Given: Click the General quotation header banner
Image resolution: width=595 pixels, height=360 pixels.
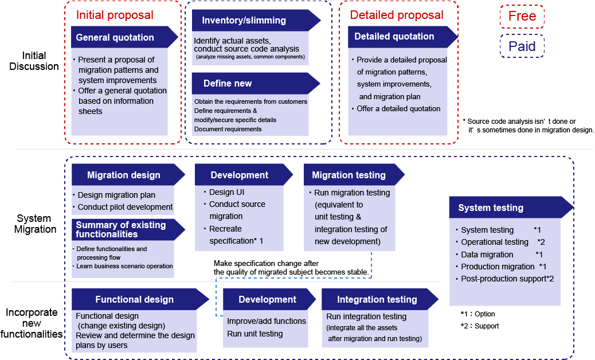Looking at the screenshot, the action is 124,37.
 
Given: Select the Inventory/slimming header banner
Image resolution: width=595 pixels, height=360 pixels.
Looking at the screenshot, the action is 256,21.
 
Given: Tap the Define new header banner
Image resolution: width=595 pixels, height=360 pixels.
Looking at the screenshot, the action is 256,84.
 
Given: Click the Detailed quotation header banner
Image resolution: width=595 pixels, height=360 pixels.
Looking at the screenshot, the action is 403,37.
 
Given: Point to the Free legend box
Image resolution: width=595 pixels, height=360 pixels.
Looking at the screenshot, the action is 522,16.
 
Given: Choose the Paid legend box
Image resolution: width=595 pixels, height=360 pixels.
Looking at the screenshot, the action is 522,46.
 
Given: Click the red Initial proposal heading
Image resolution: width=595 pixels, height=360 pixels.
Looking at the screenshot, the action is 115,15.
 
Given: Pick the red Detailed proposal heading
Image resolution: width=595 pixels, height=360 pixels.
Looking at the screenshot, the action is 397,15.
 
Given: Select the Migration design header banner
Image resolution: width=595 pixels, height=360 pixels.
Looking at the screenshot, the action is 128,174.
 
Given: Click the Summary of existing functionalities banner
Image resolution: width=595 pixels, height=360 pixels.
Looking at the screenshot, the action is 128,229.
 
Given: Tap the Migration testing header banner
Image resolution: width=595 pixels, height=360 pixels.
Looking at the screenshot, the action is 354,174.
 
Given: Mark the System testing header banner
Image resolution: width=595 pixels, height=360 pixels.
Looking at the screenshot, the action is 511,207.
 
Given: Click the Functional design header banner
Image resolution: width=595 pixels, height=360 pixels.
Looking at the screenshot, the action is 140,299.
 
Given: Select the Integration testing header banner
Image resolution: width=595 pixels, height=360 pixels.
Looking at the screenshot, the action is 380,299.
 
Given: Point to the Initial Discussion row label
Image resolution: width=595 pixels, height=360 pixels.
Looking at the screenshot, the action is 34,61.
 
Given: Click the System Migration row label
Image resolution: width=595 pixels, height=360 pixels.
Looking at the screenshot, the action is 35,224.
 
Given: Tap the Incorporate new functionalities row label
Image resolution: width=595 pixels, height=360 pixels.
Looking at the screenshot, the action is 32,323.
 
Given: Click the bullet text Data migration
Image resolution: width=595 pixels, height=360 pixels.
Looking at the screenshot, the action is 487,255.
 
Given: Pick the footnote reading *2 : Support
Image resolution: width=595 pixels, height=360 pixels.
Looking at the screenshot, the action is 480,326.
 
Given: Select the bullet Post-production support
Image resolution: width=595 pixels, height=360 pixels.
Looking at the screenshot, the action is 503,279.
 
